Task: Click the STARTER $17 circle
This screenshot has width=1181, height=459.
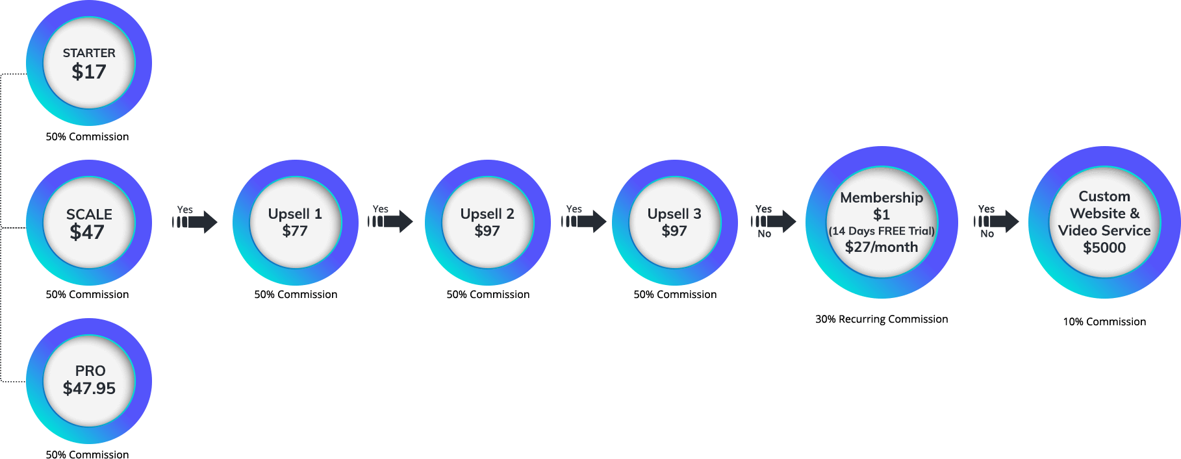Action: pyautogui.click(x=89, y=63)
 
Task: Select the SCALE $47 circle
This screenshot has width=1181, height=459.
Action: pyautogui.click(x=89, y=223)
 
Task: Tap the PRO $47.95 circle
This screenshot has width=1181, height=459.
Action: pyautogui.click(x=89, y=380)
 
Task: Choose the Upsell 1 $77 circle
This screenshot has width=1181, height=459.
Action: pyautogui.click(x=295, y=223)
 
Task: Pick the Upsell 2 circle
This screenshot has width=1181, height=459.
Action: pyautogui.click(x=487, y=223)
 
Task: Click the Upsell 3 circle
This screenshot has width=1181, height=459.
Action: pyautogui.click(x=674, y=223)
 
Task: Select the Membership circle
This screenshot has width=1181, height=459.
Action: pyautogui.click(x=882, y=222)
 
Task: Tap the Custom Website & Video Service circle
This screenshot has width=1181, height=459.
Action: pyautogui.click(x=1104, y=222)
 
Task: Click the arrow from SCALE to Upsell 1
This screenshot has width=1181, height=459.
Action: pyautogui.click(x=196, y=222)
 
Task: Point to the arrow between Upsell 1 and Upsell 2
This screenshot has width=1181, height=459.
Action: pyautogui.click(x=391, y=221)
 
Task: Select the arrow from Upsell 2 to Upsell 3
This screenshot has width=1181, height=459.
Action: pyautogui.click(x=585, y=221)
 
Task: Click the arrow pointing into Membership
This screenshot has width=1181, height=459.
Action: pyautogui.click(x=774, y=221)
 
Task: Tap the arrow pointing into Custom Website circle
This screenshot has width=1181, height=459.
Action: pyautogui.click(x=997, y=221)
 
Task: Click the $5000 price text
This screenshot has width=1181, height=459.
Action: pyautogui.click(x=1104, y=247)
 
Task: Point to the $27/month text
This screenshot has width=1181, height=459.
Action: pyautogui.click(x=882, y=247)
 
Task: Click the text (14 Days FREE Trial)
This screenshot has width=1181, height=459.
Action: pyautogui.click(x=882, y=231)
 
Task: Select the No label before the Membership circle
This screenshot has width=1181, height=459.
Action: pyautogui.click(x=765, y=234)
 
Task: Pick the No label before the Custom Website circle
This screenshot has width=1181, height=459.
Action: pyautogui.click(x=987, y=234)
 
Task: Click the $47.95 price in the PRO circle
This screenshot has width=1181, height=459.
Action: pyautogui.click(x=89, y=388)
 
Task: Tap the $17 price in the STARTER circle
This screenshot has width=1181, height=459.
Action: pyautogui.click(x=89, y=71)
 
